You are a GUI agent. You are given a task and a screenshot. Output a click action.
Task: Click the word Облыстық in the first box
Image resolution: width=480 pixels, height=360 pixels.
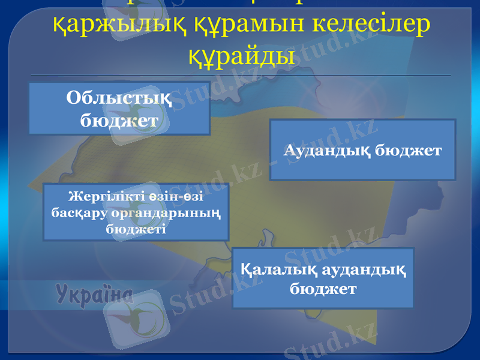[x=119, y=98]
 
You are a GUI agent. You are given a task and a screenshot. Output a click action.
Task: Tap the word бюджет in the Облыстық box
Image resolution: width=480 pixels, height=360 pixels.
[x=119, y=120]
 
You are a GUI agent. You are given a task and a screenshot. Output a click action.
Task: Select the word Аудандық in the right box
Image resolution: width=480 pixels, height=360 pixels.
[x=326, y=150]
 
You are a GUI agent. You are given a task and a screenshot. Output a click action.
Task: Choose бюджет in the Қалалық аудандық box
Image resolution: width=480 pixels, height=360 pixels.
[x=323, y=289]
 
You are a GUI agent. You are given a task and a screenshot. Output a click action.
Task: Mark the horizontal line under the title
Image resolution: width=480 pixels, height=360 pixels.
[x=240, y=76]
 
